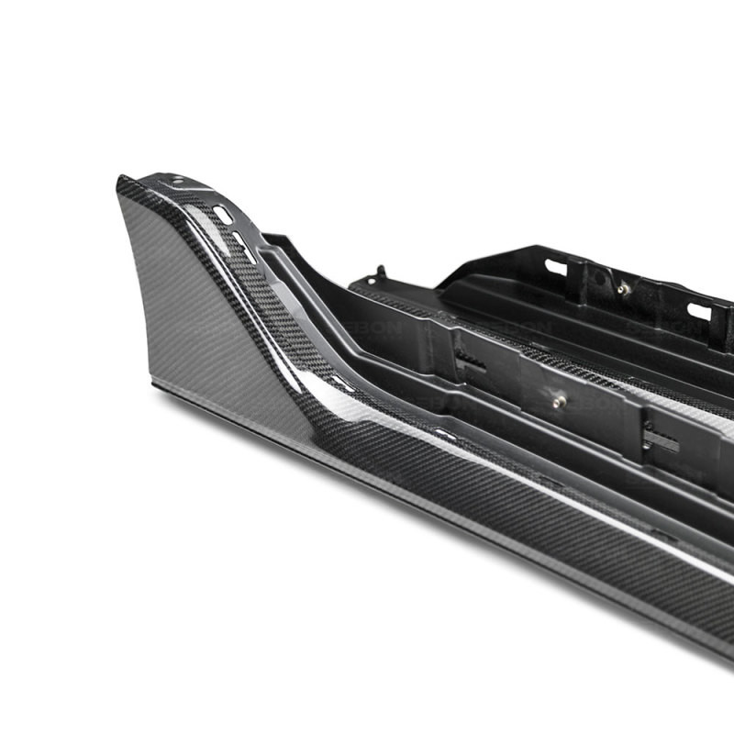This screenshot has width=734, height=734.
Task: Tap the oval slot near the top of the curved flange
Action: click(x=222, y=213)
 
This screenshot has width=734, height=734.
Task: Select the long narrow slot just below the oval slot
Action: click(x=243, y=242)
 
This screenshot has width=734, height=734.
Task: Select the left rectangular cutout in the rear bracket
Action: click(x=556, y=267)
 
